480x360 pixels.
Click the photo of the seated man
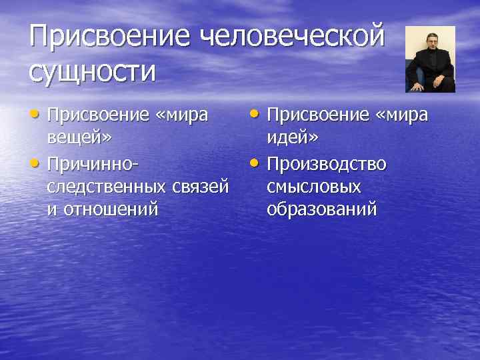[x=430, y=59]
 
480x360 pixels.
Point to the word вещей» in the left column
[x=79, y=139]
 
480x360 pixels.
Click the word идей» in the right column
[x=292, y=139]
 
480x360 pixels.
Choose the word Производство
[x=326, y=163]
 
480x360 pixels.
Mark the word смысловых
[x=313, y=187]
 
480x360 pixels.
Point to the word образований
[x=322, y=210]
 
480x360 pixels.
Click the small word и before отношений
[x=51, y=211]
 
